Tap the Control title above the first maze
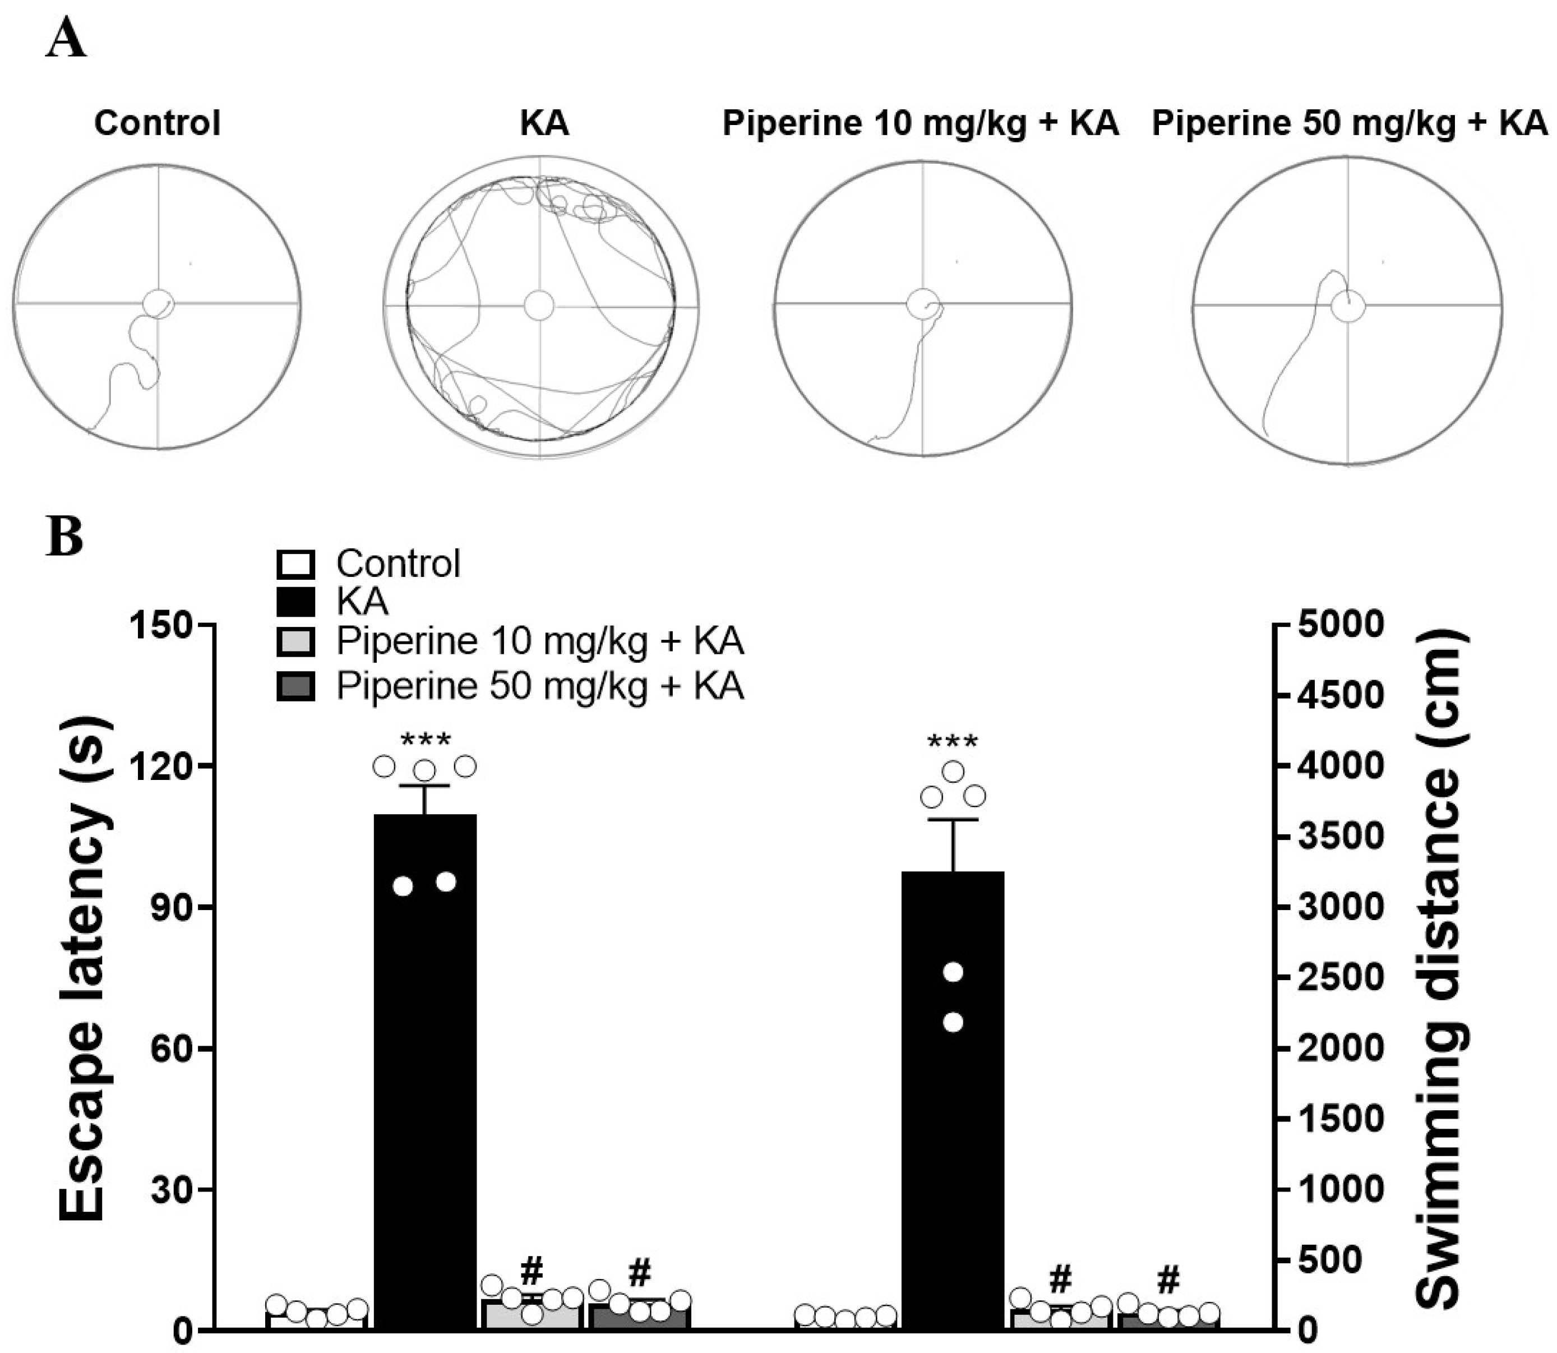point(157,123)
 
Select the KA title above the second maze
point(544,123)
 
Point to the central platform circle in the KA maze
point(539,306)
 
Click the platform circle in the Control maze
point(159,303)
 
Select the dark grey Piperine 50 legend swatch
point(296,686)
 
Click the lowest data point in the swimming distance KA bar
point(953,1022)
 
